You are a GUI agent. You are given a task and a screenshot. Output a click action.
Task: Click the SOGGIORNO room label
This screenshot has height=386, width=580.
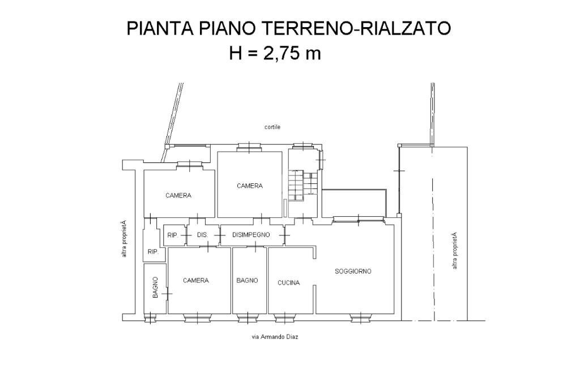point(353,271)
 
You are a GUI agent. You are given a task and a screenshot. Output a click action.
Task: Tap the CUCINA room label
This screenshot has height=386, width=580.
point(288,282)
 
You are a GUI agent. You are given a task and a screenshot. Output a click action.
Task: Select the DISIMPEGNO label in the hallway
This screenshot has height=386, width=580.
point(251,234)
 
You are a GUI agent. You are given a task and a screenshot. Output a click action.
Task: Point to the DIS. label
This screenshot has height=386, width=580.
point(202,235)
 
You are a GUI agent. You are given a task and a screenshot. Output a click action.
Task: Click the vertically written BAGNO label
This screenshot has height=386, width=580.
point(155,288)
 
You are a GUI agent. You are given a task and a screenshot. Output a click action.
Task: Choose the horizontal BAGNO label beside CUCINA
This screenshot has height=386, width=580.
point(248,280)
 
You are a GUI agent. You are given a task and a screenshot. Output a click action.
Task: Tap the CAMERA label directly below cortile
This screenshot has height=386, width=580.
point(250,186)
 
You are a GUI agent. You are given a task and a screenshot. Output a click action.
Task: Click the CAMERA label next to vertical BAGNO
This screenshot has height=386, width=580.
point(195,280)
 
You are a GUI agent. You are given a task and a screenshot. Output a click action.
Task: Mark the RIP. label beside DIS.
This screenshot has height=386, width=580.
point(173,235)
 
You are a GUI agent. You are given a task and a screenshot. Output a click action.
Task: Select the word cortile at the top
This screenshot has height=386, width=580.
point(272,127)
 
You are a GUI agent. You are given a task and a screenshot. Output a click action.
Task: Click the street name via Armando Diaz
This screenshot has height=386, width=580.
point(275,337)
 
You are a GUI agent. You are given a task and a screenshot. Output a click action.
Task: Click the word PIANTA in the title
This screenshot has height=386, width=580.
point(159,28)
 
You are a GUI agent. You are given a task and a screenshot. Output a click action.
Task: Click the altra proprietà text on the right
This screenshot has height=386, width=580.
point(454,250)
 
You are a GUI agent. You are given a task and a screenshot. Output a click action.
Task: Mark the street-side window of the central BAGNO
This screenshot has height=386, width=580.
point(248,318)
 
